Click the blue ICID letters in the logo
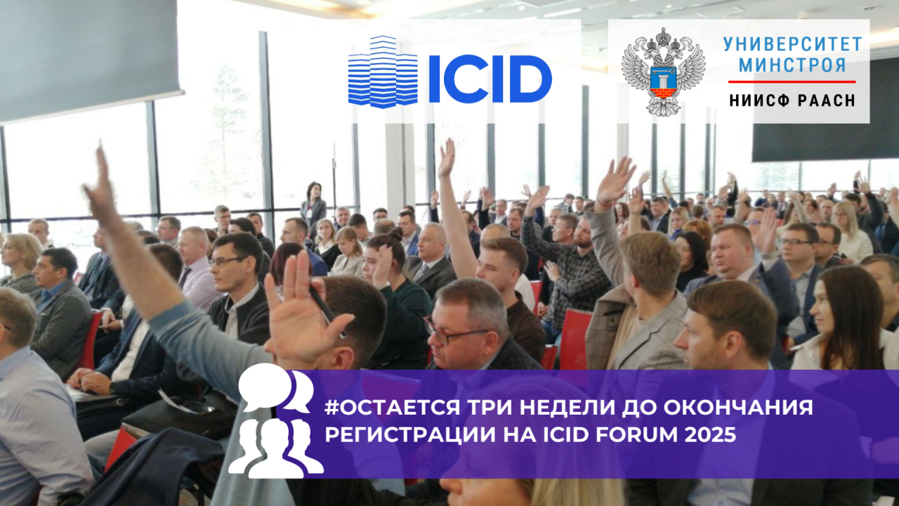click(490, 79)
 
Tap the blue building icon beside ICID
click(383, 72)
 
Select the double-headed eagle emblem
click(664, 71)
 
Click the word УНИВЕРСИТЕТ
click(793, 44)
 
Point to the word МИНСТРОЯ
click(793, 65)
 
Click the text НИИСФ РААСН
click(792, 100)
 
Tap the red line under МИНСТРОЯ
click(792, 82)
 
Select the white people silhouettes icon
click(276, 448)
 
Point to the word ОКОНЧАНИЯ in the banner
click(738, 407)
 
